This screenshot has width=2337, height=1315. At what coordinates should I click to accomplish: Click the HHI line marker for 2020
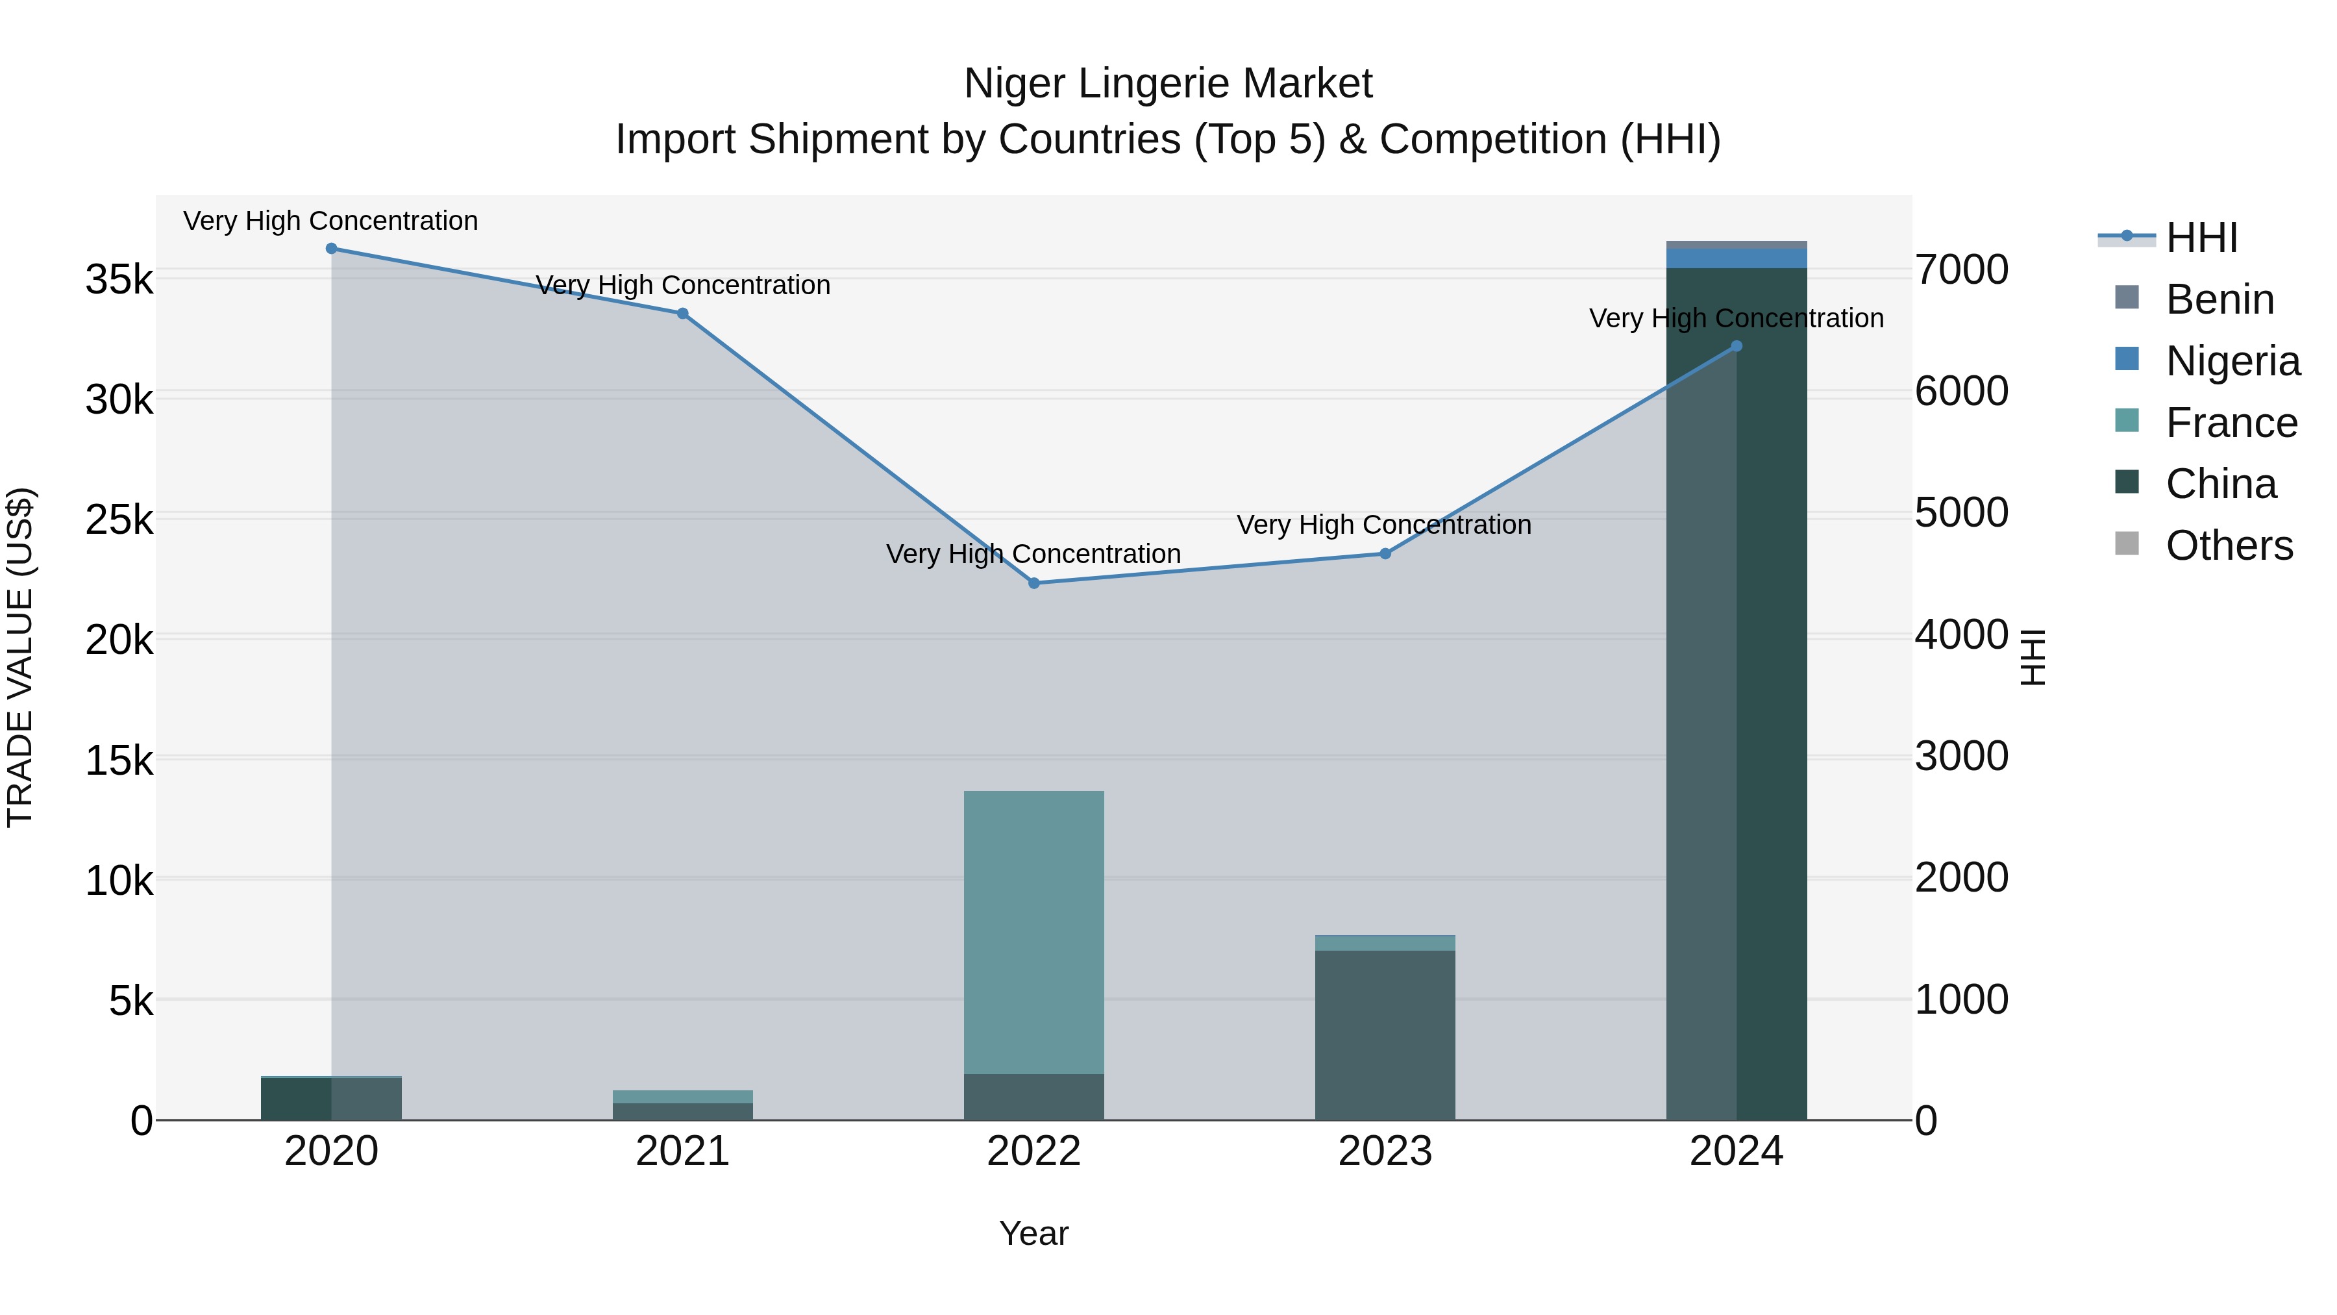[x=331, y=249]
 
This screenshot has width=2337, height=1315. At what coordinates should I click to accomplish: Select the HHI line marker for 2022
[x=1033, y=584]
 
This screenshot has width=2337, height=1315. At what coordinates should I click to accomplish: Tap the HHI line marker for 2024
[x=1737, y=345]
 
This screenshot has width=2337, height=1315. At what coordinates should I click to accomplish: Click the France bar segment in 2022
[x=1033, y=932]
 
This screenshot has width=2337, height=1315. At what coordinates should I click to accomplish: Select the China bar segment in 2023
[x=1385, y=1034]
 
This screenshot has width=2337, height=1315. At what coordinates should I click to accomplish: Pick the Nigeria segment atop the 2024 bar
[x=1737, y=258]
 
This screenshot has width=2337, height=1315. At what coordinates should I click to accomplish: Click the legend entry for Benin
[x=2218, y=299]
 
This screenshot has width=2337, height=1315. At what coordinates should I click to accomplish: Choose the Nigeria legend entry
[x=2232, y=361]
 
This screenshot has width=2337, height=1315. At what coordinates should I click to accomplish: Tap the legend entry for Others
[x=2228, y=546]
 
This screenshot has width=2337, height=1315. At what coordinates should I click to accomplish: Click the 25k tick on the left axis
[x=119, y=520]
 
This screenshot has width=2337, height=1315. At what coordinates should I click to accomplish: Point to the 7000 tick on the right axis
[x=1961, y=270]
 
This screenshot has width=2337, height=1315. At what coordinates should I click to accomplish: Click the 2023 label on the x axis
[x=1385, y=1151]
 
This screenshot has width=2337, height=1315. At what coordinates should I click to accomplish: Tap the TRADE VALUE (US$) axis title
[x=20, y=657]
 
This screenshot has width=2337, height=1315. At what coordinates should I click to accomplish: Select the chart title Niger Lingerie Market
[x=1168, y=84]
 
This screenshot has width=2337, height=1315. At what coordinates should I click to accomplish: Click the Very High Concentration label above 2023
[x=1383, y=525]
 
